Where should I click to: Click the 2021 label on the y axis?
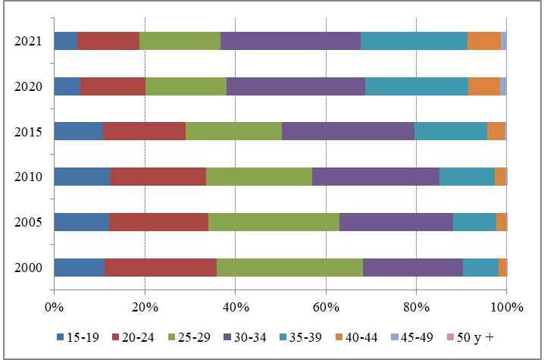tap(28, 42)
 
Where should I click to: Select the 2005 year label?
tap(28, 223)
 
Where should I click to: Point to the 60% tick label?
tap(326, 307)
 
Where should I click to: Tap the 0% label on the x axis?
tap(54, 307)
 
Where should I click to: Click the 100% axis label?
tap(506, 307)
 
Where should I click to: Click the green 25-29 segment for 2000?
tap(289, 268)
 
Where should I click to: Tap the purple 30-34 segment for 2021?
tap(290, 41)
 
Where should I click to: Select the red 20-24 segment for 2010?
tap(158, 177)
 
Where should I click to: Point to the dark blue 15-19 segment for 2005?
tap(81, 222)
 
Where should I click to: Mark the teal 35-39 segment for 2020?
tap(416, 86)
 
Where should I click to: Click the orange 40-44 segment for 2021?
tap(484, 41)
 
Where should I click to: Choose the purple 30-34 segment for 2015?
tap(348, 132)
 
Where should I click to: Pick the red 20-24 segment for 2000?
tap(160, 268)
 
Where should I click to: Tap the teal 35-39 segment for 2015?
tap(451, 132)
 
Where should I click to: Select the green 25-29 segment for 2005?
tap(274, 222)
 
